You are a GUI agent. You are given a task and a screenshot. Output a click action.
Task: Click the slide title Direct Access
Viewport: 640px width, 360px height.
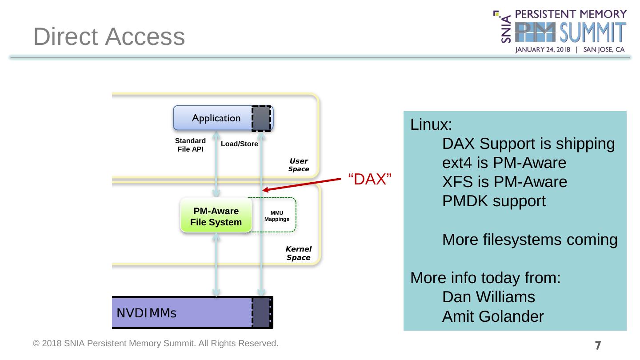point(109,36)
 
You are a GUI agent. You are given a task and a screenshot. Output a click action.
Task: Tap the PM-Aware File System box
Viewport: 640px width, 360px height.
point(216,216)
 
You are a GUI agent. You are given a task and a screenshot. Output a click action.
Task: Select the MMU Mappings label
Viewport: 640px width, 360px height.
point(277,216)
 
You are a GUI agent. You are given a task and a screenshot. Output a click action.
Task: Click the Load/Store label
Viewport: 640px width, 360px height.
point(239,144)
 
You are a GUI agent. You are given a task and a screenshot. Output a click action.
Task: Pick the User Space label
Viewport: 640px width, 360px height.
point(299,165)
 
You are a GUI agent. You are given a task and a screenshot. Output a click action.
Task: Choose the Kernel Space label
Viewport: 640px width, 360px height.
point(298,253)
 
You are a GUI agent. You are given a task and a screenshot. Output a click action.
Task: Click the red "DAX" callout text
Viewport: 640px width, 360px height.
point(369,180)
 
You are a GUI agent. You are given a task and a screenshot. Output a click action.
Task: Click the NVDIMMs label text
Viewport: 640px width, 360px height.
point(147,313)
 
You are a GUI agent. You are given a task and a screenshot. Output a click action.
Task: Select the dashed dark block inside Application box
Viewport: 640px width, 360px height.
point(261,119)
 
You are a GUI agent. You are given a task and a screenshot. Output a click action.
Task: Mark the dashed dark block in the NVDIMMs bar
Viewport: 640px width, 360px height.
point(261,312)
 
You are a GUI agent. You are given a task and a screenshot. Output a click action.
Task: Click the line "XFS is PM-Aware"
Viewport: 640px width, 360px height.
point(504,182)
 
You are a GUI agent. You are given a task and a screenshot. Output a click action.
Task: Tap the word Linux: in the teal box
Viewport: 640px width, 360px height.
point(431,124)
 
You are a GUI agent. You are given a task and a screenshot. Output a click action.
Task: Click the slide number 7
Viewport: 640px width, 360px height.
point(598,345)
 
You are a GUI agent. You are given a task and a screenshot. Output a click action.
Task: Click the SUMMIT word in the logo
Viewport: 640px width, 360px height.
point(592,34)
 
